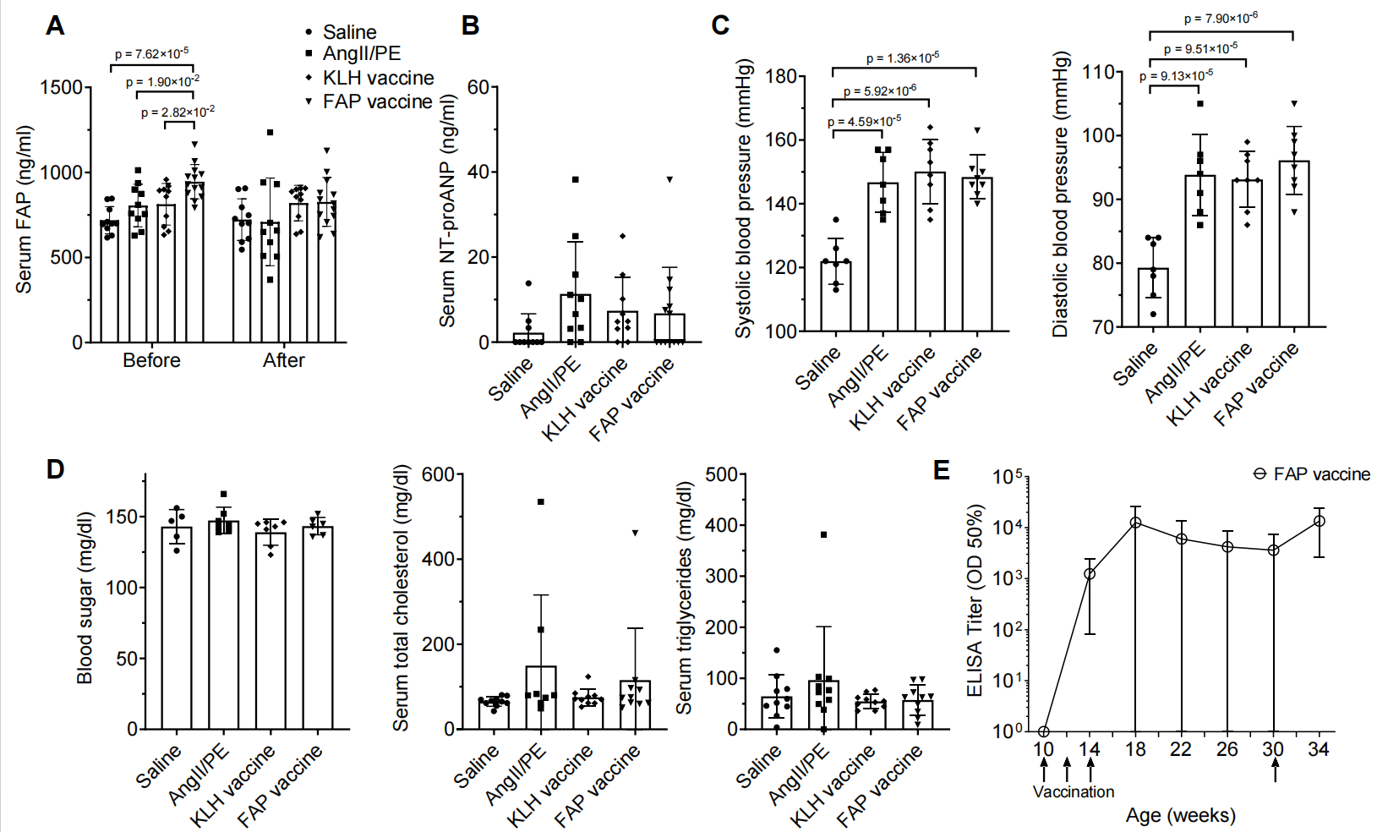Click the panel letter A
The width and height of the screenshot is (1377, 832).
[x=55, y=26]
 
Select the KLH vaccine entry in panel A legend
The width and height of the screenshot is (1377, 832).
[x=377, y=78]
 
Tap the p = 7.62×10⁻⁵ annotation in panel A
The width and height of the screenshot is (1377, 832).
[x=152, y=54]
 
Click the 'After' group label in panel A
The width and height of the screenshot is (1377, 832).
[x=283, y=360]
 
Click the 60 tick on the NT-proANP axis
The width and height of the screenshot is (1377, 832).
[x=478, y=87]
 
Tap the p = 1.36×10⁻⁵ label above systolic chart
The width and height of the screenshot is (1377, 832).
[x=902, y=58]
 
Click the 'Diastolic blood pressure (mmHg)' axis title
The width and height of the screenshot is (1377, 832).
[x=1060, y=194]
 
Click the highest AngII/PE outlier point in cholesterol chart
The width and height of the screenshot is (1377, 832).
[x=541, y=502]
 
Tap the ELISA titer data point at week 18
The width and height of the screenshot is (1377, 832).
[x=1136, y=523]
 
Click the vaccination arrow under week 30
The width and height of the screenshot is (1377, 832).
[x=1275, y=769]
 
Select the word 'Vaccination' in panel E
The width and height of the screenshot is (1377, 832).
[x=1074, y=792]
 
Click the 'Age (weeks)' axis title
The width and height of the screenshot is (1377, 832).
[x=1180, y=815]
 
